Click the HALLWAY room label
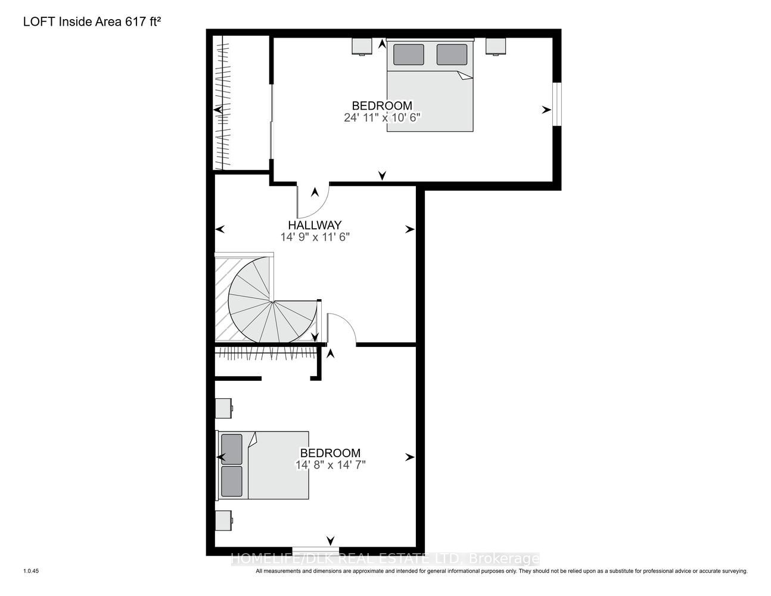click(x=315, y=225)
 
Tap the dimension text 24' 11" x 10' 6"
click(x=382, y=117)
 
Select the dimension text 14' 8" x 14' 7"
click(x=330, y=465)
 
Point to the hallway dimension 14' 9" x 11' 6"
click(x=315, y=237)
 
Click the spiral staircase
click(x=272, y=300)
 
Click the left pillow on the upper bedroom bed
click(x=408, y=55)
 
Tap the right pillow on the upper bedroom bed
click(x=452, y=55)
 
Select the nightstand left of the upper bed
click(x=362, y=46)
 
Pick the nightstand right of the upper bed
click(x=496, y=46)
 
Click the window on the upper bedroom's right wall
click(x=557, y=104)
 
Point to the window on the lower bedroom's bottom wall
click(x=311, y=551)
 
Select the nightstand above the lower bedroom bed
click(x=223, y=408)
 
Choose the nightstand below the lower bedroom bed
click(x=223, y=520)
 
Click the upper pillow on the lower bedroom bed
click(x=232, y=449)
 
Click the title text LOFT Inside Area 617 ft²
click(x=92, y=21)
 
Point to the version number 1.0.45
click(x=31, y=571)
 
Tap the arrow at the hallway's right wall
click(x=410, y=229)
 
